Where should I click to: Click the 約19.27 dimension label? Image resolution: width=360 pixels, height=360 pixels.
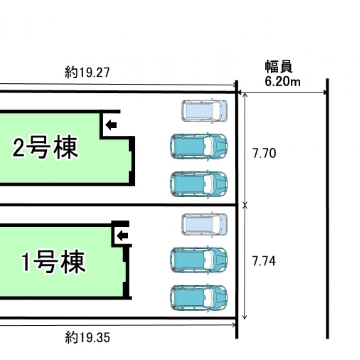point(87,72)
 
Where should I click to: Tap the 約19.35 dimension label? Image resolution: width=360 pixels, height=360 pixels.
point(87,337)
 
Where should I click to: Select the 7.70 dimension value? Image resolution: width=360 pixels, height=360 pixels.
point(264,153)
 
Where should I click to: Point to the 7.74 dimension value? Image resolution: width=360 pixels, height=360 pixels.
point(264,261)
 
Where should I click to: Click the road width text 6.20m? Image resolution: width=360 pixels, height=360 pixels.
point(283,81)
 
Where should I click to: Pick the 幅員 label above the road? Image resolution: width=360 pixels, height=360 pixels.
point(279,67)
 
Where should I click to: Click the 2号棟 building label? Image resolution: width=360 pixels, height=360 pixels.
point(45,147)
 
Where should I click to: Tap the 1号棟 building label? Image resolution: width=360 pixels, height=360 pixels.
point(53,262)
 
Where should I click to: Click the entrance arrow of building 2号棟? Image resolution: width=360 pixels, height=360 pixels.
point(111,125)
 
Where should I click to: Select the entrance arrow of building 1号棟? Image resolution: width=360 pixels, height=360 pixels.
point(122,235)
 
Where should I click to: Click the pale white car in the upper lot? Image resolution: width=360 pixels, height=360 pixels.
point(204,111)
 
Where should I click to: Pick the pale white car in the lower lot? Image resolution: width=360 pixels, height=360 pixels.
point(204,224)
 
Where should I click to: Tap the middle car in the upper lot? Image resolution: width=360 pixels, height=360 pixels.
point(199,146)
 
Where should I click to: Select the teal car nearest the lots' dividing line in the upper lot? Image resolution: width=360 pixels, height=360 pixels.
point(199,184)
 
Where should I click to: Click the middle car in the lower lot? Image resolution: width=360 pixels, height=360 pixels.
point(199,260)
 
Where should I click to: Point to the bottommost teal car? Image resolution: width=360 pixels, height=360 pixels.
point(199,298)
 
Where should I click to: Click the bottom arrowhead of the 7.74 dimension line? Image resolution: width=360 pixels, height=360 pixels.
point(245,317)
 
